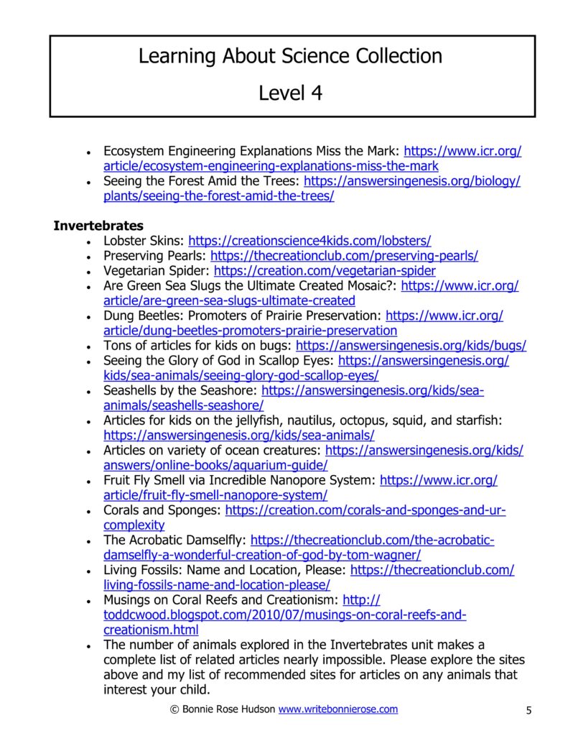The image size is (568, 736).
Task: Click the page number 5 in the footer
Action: point(529,711)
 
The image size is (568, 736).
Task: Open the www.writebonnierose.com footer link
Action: point(337,709)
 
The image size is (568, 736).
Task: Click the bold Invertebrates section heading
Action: point(98,226)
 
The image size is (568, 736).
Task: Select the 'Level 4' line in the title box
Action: point(290,93)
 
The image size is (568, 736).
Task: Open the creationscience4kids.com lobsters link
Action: point(309,241)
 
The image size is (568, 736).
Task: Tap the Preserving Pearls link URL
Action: point(344,256)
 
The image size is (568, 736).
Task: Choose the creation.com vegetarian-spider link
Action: point(325,271)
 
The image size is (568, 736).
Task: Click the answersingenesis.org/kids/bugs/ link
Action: point(411,346)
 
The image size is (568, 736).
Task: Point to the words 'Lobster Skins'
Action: point(144,241)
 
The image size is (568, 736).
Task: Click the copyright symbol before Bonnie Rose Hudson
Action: point(174,710)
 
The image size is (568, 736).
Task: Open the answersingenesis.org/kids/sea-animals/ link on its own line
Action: point(238,436)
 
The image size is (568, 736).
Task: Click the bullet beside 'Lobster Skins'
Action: point(88,242)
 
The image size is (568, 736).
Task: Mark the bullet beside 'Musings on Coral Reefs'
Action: point(88,601)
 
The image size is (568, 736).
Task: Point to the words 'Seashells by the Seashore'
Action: point(180,390)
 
